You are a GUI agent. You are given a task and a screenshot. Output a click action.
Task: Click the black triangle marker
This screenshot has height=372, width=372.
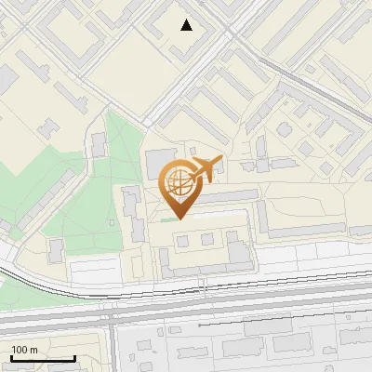187,25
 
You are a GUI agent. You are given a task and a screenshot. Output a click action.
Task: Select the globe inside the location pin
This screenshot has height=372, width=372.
179,183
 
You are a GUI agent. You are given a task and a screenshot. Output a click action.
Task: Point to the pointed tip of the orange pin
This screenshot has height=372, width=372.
179,219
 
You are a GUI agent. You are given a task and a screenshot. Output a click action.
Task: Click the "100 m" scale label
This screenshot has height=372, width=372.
24,349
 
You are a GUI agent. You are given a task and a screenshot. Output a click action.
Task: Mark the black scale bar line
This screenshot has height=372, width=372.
42,359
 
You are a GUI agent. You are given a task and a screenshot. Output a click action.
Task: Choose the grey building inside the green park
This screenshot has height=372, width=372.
99,145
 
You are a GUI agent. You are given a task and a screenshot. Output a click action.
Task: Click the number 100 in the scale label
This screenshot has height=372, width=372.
20,349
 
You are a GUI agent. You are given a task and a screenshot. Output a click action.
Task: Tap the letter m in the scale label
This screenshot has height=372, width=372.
33,349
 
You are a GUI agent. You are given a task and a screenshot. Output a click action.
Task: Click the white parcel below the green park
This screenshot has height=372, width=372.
93,272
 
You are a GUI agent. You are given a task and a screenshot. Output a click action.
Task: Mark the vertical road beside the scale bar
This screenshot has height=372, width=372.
109,344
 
